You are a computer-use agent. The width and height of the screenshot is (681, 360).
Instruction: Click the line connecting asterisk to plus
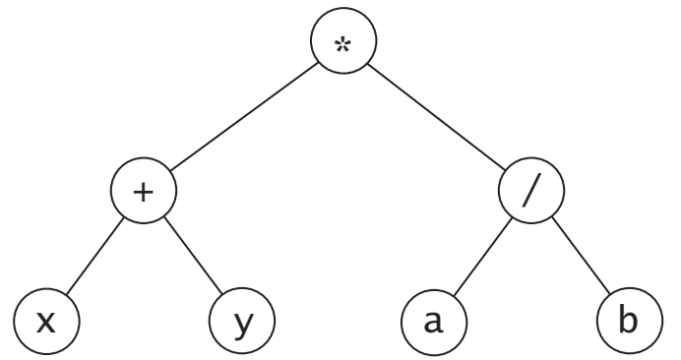tap(244, 119)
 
